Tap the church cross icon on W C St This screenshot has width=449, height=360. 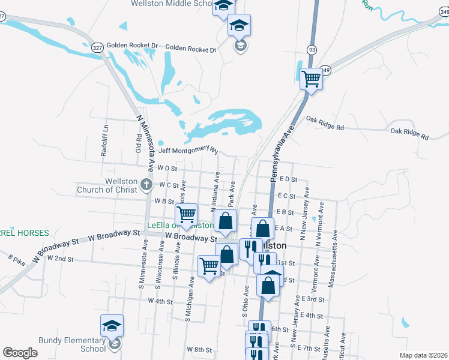coord(146,185)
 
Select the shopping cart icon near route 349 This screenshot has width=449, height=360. coord(311,78)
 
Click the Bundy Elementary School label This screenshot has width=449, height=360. coord(72,344)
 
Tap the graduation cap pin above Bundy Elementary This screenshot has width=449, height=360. coord(112,326)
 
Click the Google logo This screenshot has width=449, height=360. coord(20,353)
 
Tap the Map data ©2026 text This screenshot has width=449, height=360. coord(423,354)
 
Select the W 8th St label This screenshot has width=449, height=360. coord(199,349)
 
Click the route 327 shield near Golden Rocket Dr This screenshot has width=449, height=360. coord(97,46)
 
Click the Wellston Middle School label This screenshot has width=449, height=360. coord(170,4)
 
